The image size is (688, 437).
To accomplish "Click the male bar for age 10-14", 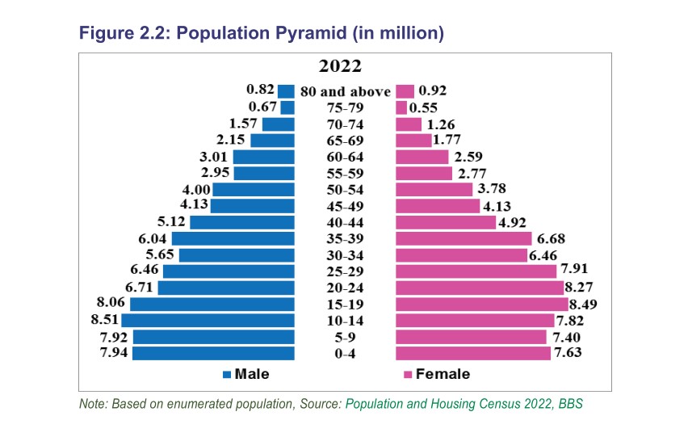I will (208, 320).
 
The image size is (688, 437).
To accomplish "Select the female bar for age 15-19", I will (481, 304).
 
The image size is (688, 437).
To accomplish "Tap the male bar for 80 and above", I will (286, 91).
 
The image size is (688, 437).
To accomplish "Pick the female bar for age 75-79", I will (401, 107).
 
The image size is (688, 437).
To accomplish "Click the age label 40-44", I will (345, 222).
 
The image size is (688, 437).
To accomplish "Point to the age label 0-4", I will (345, 353).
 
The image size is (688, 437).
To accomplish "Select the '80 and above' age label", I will (345, 91).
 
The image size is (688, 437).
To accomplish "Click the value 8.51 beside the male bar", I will (105, 320).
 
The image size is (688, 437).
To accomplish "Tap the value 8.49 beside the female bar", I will (585, 305).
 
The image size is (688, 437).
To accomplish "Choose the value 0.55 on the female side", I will (425, 107).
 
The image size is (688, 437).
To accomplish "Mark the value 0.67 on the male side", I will (263, 107).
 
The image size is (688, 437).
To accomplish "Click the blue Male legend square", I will (227, 374).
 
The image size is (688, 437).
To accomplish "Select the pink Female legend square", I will (408, 374).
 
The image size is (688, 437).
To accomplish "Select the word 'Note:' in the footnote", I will (94, 404).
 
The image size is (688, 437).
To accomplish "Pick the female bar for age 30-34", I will (460, 255).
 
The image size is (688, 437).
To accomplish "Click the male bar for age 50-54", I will (253, 189).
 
